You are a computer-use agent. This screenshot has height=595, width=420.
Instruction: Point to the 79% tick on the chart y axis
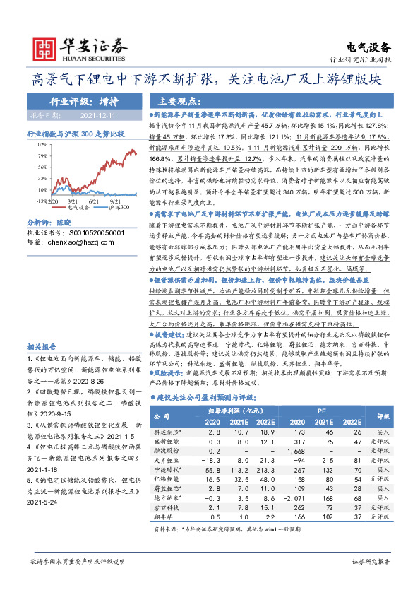(42, 155)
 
